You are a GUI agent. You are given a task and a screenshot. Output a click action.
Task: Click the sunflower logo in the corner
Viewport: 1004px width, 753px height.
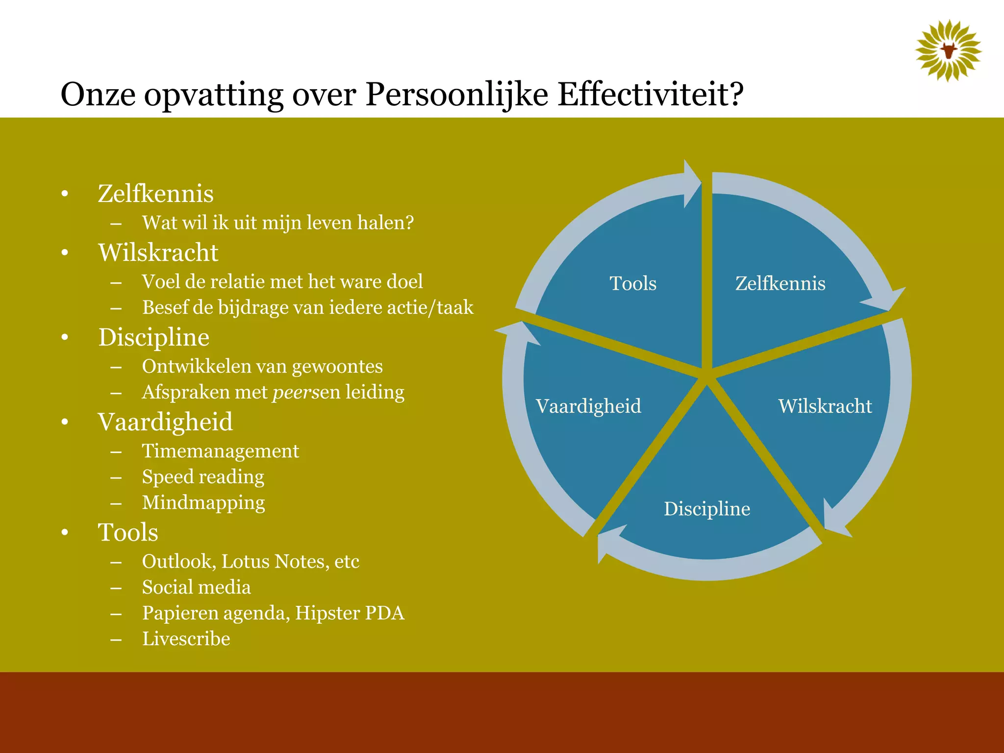[948, 50]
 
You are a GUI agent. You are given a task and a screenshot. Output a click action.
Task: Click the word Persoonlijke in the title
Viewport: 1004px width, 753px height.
[456, 94]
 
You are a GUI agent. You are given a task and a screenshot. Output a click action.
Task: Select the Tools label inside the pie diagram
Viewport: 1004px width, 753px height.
[633, 283]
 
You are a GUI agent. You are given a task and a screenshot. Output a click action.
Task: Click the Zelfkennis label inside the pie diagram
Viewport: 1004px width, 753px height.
[780, 283]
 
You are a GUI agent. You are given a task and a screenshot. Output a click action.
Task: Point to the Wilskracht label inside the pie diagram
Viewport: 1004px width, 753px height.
[825, 406]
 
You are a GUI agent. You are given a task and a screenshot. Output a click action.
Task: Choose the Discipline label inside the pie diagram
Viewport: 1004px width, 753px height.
[706, 509]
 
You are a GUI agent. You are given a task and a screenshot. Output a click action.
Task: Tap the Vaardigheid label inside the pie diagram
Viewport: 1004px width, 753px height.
[588, 406]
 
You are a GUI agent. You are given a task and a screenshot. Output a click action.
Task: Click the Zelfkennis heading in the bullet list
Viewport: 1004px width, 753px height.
[155, 193]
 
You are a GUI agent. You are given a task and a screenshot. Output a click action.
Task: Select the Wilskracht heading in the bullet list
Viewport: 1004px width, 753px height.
[158, 252]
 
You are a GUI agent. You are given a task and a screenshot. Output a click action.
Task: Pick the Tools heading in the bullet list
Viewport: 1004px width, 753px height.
[128, 532]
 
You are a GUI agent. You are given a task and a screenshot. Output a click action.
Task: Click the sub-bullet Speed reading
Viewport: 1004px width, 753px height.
[203, 477]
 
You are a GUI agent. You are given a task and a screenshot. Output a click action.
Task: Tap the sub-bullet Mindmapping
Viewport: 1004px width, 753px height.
[203, 503]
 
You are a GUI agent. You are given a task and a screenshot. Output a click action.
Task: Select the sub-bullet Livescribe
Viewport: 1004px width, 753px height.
[186, 639]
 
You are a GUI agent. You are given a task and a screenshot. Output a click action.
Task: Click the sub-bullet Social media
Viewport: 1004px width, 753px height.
[196, 587]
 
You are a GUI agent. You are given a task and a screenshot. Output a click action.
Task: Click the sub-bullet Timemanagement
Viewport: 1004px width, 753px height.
[220, 451]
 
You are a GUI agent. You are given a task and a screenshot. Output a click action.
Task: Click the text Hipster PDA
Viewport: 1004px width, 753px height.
[350, 613]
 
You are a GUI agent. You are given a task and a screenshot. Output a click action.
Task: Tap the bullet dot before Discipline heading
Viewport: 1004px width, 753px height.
[65, 337]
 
